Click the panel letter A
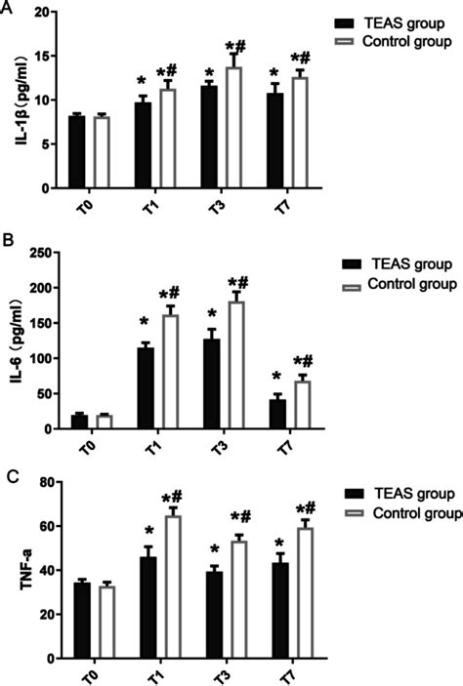pos(9,10)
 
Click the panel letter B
pos(9,238)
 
